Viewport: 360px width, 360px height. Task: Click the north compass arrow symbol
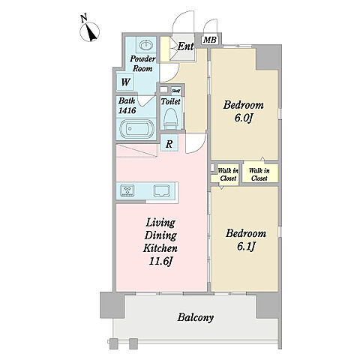tap(90, 31)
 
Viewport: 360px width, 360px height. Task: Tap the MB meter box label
tap(210, 40)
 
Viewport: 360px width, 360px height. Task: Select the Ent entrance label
tap(185, 46)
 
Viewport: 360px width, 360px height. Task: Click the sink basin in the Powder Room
tap(146, 45)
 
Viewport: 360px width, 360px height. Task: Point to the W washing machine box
tap(126, 82)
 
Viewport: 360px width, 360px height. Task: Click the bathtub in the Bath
tap(136, 129)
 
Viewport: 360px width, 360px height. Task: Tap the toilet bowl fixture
tap(170, 118)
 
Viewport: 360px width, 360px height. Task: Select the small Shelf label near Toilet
tap(176, 91)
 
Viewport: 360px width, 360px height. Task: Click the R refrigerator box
tap(169, 143)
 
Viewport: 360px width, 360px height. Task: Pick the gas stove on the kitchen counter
tap(127, 190)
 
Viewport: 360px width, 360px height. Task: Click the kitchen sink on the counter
tap(161, 190)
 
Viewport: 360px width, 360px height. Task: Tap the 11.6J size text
tap(160, 261)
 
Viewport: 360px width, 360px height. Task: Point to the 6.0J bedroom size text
tap(243, 118)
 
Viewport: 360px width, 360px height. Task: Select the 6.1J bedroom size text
tap(245, 247)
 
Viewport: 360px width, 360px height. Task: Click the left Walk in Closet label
tap(228, 175)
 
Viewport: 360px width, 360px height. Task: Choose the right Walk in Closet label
tap(259, 175)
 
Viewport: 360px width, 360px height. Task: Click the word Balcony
tap(196, 318)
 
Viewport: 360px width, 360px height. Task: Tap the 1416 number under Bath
tap(127, 110)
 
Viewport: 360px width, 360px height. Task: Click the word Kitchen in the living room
tap(160, 248)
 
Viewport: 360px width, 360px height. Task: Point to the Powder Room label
tap(142, 64)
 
